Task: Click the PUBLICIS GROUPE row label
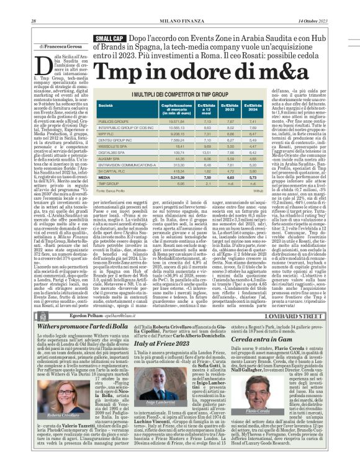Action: click(114, 122)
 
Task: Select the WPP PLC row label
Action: click(107, 133)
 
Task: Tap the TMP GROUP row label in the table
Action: click(109, 184)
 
